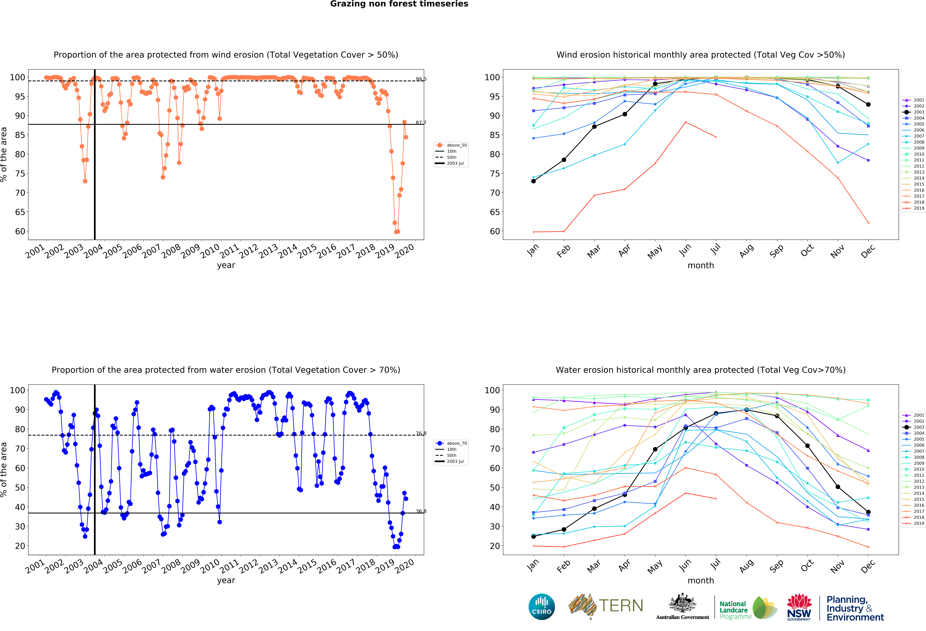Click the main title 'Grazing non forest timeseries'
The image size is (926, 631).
click(399, 4)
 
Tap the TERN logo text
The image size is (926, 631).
click(621, 606)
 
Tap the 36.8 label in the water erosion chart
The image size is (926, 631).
click(421, 511)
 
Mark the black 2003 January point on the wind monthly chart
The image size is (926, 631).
click(533, 181)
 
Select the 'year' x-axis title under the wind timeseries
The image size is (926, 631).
click(226, 265)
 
